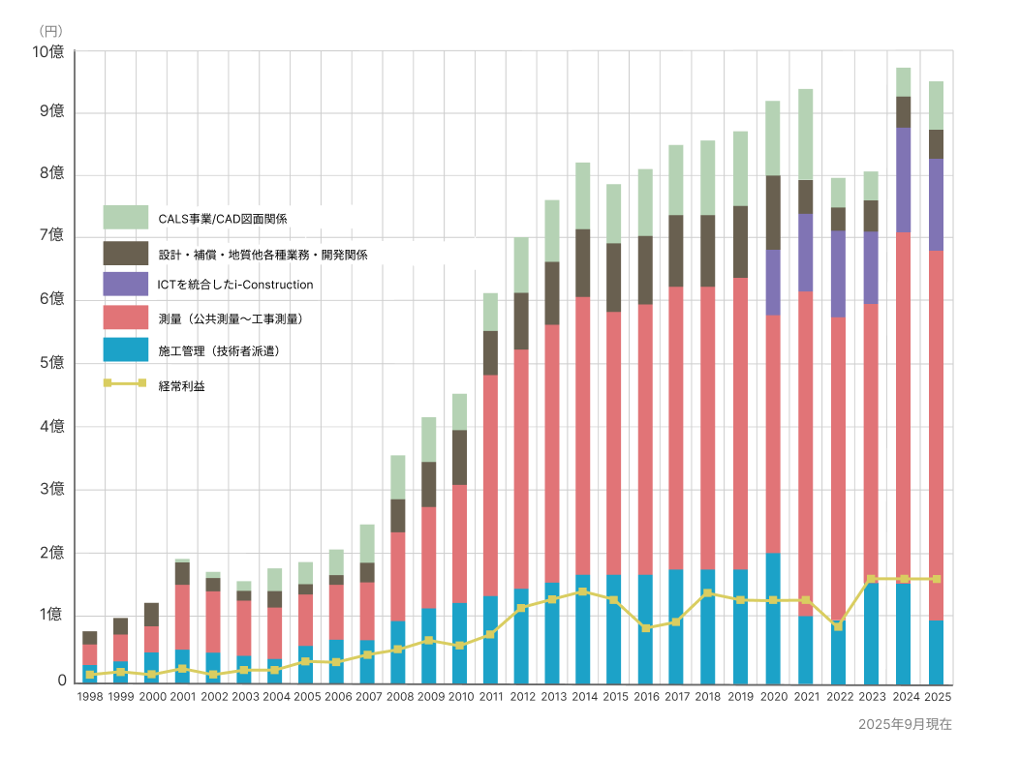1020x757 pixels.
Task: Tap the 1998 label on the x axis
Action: [89, 696]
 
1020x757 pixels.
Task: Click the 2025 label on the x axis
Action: [936, 696]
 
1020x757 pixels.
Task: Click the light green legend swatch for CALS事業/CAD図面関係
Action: [125, 218]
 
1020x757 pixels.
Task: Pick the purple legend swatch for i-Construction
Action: [125, 284]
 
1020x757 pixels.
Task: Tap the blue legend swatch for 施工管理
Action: [125, 349]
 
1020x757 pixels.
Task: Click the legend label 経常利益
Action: [181, 385]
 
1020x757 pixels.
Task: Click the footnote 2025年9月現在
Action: [905, 724]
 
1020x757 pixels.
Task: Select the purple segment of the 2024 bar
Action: [903, 179]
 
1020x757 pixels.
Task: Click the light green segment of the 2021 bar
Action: [805, 134]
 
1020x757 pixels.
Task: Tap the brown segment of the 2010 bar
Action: [459, 457]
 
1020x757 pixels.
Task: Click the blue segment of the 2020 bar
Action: [773, 620]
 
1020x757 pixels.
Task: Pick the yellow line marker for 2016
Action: [645, 627]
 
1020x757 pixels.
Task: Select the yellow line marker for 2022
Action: [838, 626]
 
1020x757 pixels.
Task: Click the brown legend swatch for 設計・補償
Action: [125, 253]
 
